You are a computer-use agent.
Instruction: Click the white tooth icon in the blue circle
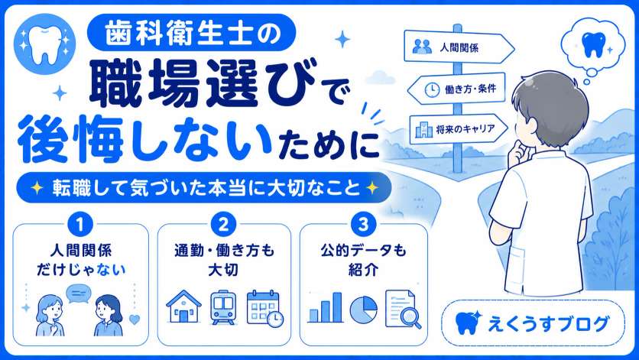coord(45,44)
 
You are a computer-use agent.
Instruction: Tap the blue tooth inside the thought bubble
coord(593,44)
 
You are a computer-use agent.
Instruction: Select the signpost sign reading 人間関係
coord(459,47)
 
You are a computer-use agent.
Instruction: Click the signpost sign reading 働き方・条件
coord(456,89)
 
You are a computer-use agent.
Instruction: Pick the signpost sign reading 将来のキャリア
coord(459,130)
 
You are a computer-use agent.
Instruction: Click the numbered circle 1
coord(79,224)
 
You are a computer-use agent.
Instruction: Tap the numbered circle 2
coord(224,224)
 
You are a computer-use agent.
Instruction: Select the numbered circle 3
coord(363,224)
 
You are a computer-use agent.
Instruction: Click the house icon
coord(183,307)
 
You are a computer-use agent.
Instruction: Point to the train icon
coord(223,307)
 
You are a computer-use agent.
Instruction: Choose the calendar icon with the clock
coord(265,309)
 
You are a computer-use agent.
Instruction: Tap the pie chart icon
coord(364,310)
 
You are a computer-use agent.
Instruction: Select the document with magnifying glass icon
coord(403,309)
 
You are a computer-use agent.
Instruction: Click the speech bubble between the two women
coord(79,294)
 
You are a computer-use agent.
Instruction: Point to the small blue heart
coord(135,319)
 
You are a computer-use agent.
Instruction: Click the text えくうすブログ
coord(549,324)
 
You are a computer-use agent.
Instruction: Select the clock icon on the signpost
coord(432,89)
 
